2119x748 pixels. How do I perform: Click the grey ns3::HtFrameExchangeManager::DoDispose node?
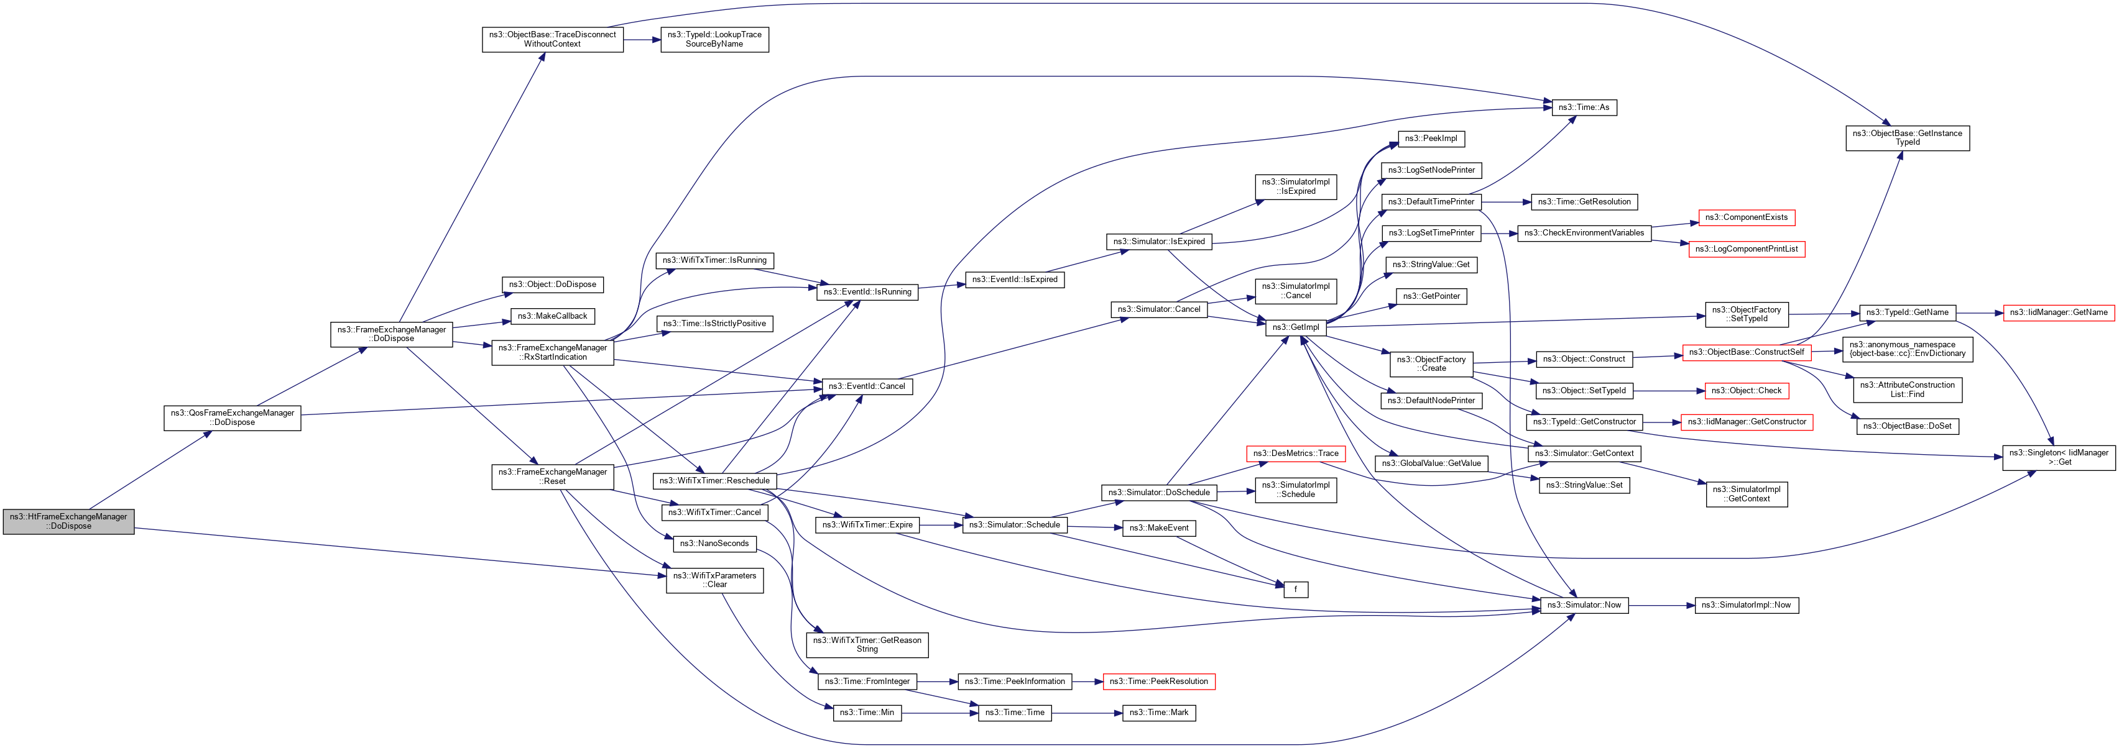pos(68,521)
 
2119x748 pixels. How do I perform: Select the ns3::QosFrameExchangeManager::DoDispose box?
pos(232,417)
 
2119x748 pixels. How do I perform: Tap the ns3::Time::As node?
pos(1584,107)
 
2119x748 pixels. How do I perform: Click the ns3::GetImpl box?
pos(1295,327)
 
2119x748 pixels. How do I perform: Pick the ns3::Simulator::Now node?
pos(1584,605)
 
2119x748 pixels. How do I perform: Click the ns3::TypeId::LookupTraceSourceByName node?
pos(714,40)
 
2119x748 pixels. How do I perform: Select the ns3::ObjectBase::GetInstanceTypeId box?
pos(1907,138)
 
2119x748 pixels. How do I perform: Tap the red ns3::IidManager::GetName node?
pos(2057,312)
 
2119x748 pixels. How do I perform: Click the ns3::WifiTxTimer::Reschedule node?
pos(714,481)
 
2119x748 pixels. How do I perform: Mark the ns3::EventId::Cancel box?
pos(866,386)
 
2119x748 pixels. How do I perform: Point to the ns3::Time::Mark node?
pos(1158,713)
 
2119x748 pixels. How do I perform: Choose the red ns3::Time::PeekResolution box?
pos(1158,682)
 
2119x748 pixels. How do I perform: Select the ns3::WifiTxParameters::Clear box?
pos(714,580)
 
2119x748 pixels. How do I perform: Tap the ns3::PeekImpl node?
pos(1431,139)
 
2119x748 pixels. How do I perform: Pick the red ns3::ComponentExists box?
pos(1745,218)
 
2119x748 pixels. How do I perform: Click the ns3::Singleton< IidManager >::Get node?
pos(2057,458)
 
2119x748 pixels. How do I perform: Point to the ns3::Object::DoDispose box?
pos(552,285)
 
